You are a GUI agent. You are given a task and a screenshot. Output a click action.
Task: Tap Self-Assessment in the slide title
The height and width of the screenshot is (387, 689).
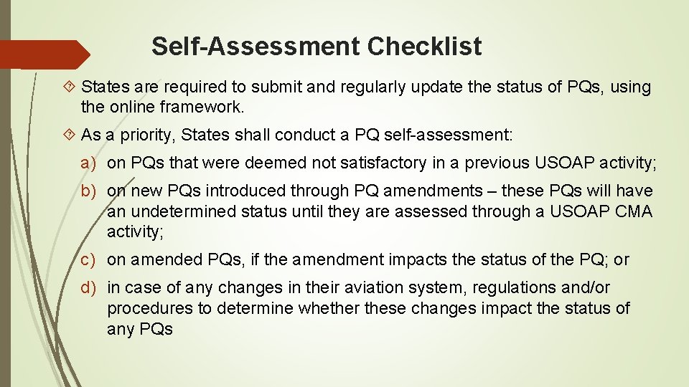tap(256, 47)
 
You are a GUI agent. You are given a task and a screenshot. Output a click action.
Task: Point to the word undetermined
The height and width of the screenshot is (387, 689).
tap(184, 211)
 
